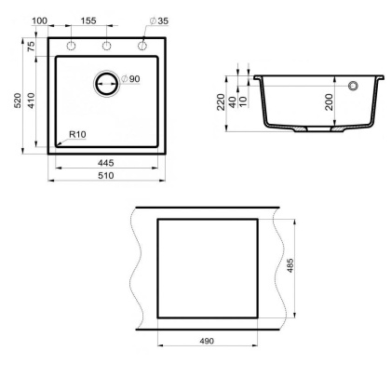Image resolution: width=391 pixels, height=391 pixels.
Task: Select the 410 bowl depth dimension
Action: pos(33,102)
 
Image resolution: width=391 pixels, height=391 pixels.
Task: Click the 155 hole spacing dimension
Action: pos(88,20)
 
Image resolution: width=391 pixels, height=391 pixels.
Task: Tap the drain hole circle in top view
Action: pos(106,83)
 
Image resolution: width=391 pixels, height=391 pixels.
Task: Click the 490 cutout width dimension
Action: pos(207,341)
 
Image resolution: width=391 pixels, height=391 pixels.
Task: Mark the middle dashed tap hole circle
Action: pos(106,47)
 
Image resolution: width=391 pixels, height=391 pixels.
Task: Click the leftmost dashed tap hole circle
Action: pos(71,47)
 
